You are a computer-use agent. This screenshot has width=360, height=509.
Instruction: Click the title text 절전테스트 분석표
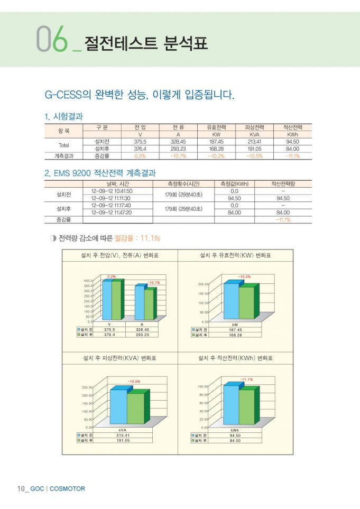pyautogui.click(x=146, y=43)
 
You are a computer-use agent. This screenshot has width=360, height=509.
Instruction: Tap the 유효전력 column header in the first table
pyautogui.click(x=216, y=127)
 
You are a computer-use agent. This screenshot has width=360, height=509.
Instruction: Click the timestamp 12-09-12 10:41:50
pyautogui.click(x=112, y=191)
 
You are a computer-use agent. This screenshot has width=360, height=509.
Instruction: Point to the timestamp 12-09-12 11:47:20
pyautogui.click(x=112, y=212)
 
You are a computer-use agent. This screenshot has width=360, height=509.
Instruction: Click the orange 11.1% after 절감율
pyautogui.click(x=150, y=238)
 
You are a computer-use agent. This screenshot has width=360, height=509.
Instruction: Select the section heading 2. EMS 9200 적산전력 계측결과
pyautogui.click(x=100, y=173)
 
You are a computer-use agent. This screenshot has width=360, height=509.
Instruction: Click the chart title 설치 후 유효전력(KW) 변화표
pyautogui.click(x=235, y=255)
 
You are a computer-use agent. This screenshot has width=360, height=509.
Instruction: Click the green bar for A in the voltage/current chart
pyautogui.click(x=149, y=304)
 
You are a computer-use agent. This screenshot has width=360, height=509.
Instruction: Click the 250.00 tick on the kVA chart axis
pyautogui.click(x=87, y=387)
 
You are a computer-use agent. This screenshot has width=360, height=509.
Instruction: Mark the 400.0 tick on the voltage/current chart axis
pyautogui.click(x=88, y=281)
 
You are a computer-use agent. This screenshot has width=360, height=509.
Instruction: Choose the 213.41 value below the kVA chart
pyautogui.click(x=123, y=435)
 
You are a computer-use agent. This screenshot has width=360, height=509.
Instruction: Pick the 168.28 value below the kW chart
pyautogui.click(x=235, y=335)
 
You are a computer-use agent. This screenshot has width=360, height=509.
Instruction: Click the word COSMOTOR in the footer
pyautogui.click(x=67, y=488)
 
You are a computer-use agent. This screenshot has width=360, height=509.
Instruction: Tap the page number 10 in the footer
pyautogui.click(x=22, y=488)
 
